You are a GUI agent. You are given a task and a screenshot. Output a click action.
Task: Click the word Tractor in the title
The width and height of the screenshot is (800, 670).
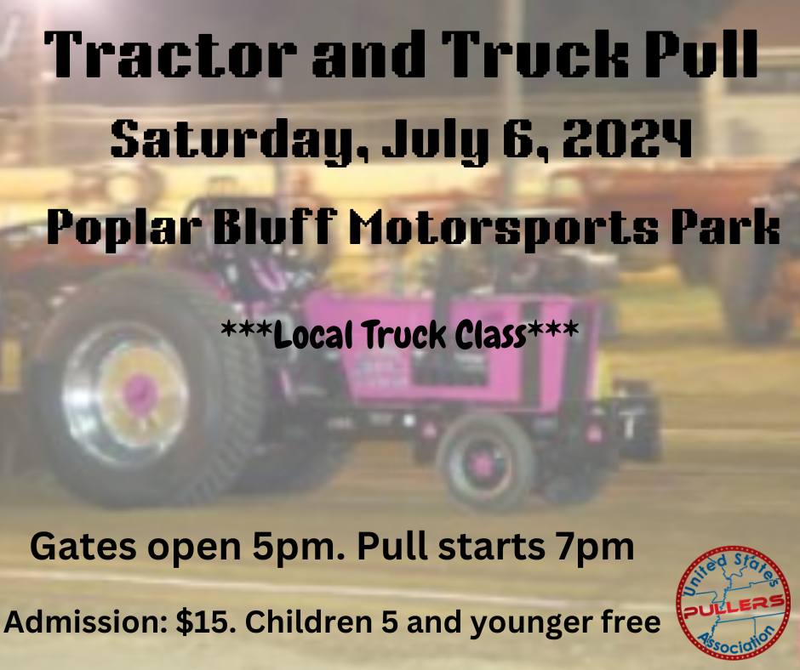click(x=170, y=54)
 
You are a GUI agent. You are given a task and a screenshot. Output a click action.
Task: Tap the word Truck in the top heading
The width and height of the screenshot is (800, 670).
click(x=535, y=54)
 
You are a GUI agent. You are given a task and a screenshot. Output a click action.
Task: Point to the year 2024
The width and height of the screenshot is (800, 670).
click(x=627, y=138)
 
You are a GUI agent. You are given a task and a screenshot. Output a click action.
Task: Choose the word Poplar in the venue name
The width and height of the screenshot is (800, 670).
click(x=123, y=228)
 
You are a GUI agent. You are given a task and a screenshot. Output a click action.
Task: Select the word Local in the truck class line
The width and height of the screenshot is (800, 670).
click(x=310, y=335)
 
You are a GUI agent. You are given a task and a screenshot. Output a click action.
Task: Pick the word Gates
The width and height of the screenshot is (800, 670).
click(x=83, y=546)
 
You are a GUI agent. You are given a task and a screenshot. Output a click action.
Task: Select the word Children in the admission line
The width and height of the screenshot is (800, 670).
click(x=309, y=622)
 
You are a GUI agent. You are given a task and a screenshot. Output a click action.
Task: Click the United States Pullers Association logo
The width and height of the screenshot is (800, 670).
click(x=734, y=602)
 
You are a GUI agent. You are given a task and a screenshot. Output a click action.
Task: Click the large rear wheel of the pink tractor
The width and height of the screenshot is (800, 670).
click(x=139, y=390)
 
